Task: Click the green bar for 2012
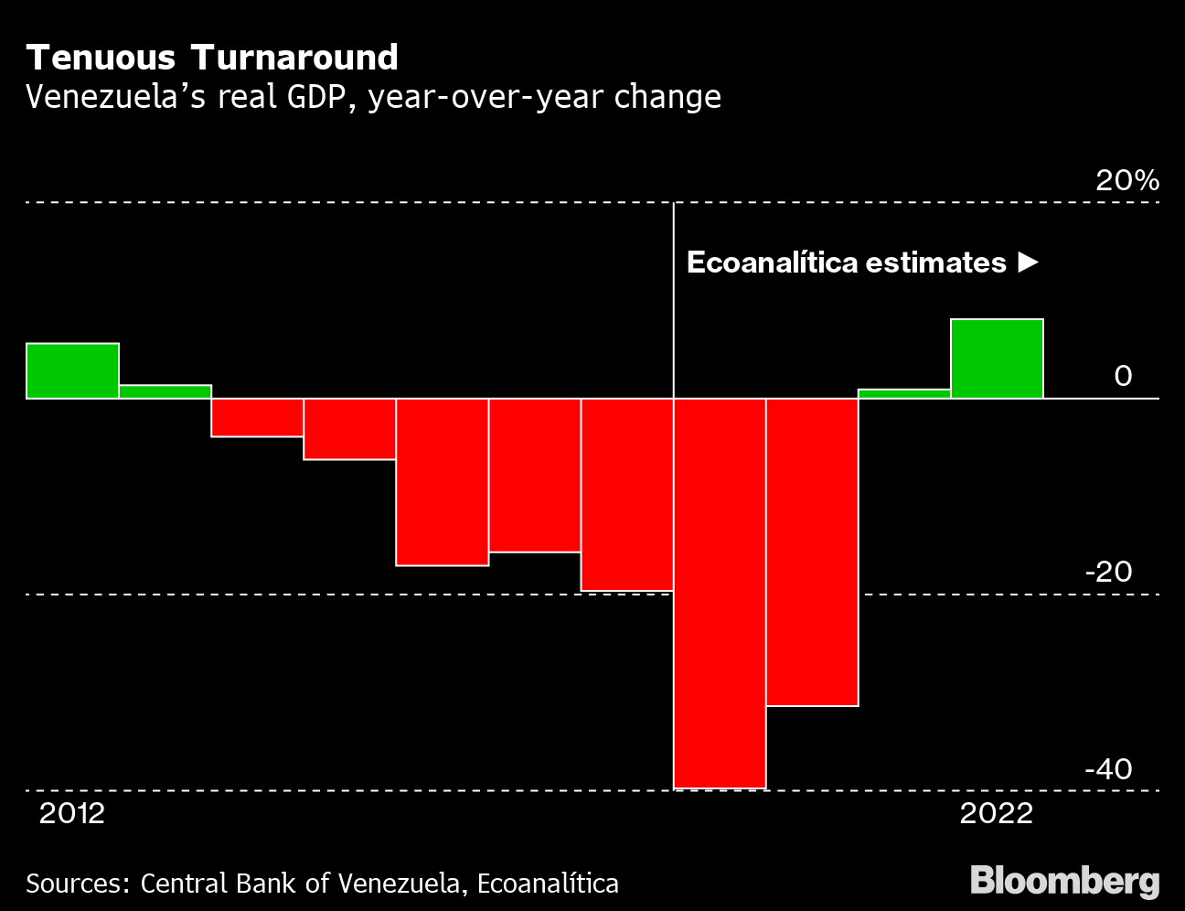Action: tap(72, 371)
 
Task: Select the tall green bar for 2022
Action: tap(997, 359)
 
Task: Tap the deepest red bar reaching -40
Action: tap(720, 594)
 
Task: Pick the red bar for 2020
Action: tap(813, 552)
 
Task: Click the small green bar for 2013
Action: tap(165, 391)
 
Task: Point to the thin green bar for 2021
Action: tap(904, 394)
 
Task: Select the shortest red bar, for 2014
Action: tap(258, 417)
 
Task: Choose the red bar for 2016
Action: tap(443, 482)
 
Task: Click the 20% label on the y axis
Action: tap(1127, 180)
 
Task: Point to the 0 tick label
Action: tap(1124, 376)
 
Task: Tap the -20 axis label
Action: tap(1109, 573)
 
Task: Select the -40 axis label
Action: tap(1109, 769)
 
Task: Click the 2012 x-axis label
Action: tap(72, 814)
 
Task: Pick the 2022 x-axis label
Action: tap(997, 814)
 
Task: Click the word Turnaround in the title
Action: tap(294, 58)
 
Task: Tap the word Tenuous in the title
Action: tap(101, 58)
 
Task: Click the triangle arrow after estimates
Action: tap(1029, 263)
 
